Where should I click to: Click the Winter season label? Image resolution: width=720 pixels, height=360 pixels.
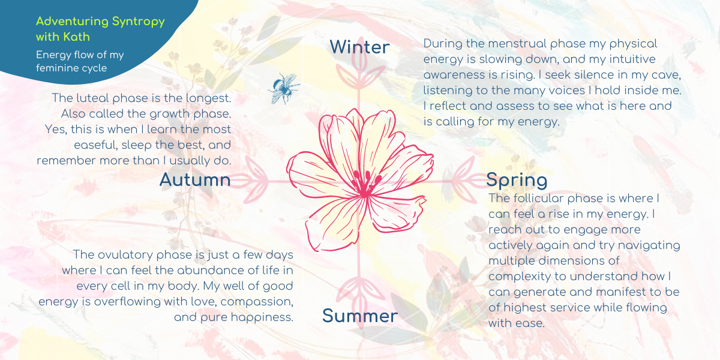(359, 47)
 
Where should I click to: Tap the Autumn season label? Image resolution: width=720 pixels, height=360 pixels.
(195, 180)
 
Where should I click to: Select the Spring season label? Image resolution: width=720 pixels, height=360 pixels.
(517, 180)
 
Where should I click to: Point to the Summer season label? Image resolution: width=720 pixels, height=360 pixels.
(359, 316)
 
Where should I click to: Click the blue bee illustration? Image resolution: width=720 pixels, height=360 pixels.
(283, 88)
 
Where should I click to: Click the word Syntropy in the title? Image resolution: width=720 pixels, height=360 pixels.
(137, 22)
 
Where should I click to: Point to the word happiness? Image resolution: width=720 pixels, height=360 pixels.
(263, 317)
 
